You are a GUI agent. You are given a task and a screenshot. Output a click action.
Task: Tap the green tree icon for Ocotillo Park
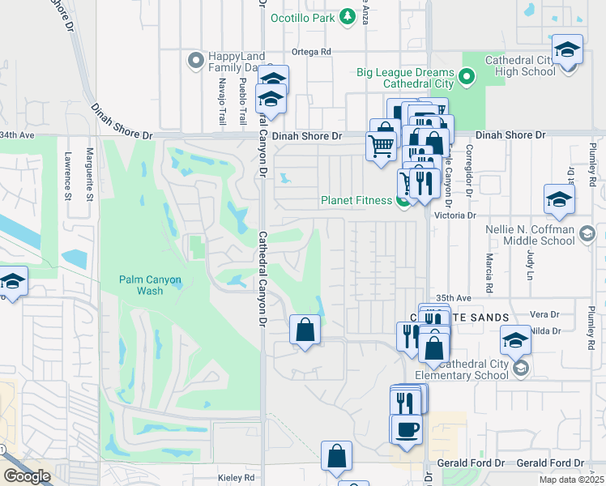point(347,16)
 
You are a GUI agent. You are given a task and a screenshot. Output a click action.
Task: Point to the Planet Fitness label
point(356,201)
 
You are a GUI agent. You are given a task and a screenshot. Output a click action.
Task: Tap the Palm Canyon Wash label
point(150,285)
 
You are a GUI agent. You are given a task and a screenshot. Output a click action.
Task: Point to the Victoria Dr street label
point(454,216)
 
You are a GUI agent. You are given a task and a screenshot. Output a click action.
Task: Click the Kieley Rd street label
point(237,478)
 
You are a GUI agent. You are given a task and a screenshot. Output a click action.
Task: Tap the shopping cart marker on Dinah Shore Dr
point(382,147)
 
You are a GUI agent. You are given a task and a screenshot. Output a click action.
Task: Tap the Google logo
point(27,476)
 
